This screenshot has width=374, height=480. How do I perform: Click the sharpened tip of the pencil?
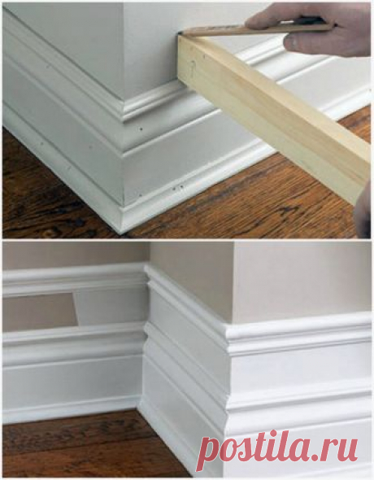click(179, 31)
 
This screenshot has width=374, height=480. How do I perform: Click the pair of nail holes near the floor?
click(178, 187)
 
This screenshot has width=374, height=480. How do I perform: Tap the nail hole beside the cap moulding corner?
click(141, 129)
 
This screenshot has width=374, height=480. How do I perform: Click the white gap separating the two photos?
click(187, 240)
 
